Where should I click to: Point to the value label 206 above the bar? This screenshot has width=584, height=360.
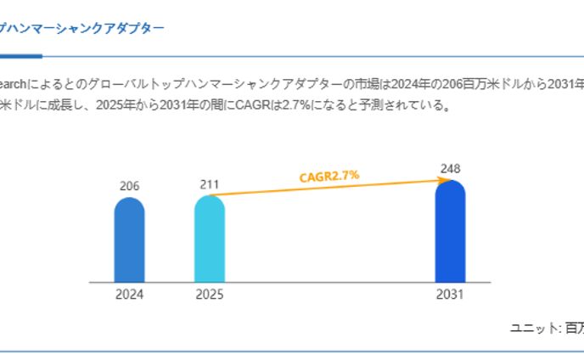click(129, 186)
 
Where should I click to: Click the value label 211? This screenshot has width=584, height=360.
click(209, 183)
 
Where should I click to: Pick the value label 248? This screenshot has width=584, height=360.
click(451, 168)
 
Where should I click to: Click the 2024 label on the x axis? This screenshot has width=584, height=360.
click(129, 295)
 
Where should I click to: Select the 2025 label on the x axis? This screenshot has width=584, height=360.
click(210, 295)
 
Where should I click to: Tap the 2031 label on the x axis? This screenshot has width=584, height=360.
click(450, 295)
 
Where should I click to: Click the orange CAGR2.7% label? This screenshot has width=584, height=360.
click(329, 176)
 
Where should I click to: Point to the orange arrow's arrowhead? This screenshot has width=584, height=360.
click(447, 179)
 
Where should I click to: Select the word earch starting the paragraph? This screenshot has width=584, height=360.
click(15, 85)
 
